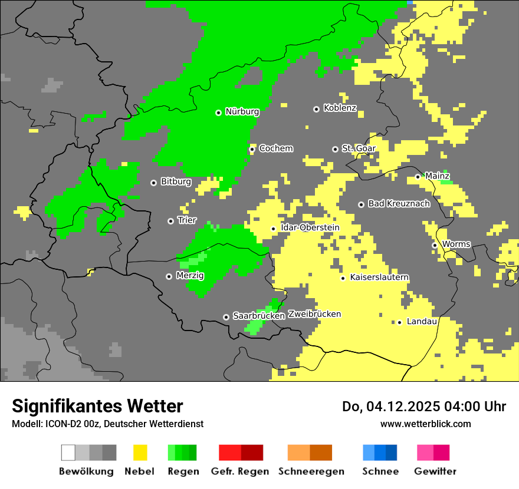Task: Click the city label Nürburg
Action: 242,111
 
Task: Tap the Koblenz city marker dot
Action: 316,109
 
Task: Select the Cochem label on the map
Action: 275,148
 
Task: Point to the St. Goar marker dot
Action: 335,149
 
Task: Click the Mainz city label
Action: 437,176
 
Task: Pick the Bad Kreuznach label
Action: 399,203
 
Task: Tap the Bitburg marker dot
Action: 153,183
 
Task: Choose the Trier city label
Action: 187,220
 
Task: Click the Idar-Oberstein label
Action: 310,227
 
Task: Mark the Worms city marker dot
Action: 435,245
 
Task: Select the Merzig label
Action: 190,275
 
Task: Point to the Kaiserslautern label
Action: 379,277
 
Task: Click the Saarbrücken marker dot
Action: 226,317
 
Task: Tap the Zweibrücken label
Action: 314,314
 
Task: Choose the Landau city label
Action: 422,321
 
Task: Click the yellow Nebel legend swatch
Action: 140,452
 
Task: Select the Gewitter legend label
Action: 435,471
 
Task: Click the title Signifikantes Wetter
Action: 97,406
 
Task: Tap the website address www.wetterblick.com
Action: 425,424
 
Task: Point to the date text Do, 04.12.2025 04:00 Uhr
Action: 424,407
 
